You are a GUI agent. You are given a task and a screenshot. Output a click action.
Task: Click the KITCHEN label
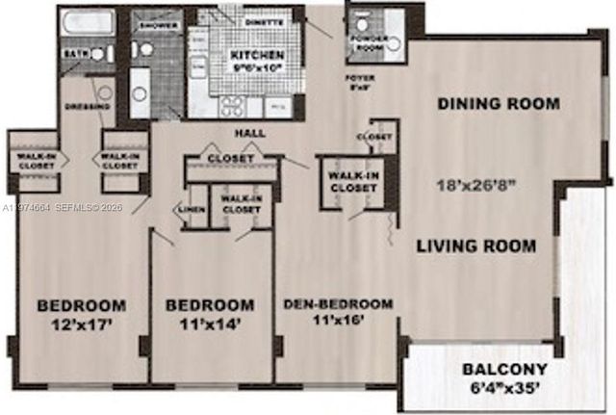(x=256, y=56)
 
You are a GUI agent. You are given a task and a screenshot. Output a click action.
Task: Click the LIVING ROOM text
(x=475, y=246)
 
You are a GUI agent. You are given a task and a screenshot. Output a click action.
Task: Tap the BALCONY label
(x=504, y=370)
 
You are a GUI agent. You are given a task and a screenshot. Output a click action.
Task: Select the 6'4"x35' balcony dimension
(x=504, y=389)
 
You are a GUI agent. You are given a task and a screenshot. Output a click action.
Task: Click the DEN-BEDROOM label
(x=338, y=304)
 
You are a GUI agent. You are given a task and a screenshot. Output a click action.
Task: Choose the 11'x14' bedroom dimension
(x=210, y=325)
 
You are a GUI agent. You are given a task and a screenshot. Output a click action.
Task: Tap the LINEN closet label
(x=189, y=206)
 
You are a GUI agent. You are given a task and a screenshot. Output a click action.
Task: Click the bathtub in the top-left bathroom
(x=85, y=24)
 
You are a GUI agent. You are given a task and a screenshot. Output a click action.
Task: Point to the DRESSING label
(x=84, y=106)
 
